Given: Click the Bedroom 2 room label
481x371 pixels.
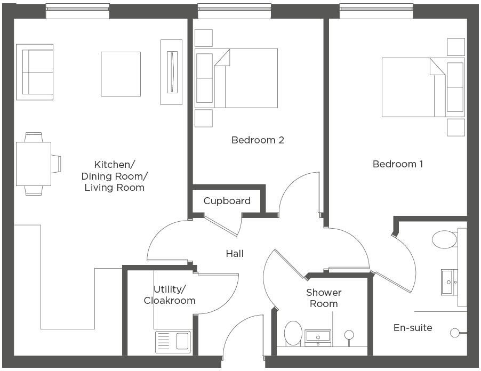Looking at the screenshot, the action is tap(258, 140).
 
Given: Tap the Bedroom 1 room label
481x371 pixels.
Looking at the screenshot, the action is tap(398, 164).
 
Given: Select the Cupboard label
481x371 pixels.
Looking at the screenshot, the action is tap(227, 201).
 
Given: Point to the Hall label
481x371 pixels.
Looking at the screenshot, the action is tap(235, 254).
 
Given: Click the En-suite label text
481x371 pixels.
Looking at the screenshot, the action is tap(413, 328).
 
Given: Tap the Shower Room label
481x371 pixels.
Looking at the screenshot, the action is tap(324, 298).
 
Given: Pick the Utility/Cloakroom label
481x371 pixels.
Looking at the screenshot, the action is tap(170, 295).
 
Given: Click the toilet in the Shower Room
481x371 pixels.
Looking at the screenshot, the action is tap(293, 334).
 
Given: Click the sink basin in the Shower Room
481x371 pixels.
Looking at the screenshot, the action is tap(318, 338).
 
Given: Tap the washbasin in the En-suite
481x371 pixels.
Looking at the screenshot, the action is tap(450, 282).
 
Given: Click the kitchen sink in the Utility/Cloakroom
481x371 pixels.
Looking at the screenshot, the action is tap(173, 342).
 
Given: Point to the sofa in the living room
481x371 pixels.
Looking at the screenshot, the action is tap(35, 72).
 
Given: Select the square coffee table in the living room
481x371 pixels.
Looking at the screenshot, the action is tap(121, 74).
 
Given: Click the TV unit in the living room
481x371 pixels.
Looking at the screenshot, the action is tap(172, 72).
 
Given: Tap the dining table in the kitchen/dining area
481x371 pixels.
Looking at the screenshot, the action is tap(34, 164).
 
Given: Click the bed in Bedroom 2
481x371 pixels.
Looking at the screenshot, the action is tap(236, 78).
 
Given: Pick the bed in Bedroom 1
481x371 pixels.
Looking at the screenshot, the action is tap(423, 87).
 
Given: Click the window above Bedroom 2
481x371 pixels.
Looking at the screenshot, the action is tap(234, 11).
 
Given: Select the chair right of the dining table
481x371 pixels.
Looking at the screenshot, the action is tap(56, 164).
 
